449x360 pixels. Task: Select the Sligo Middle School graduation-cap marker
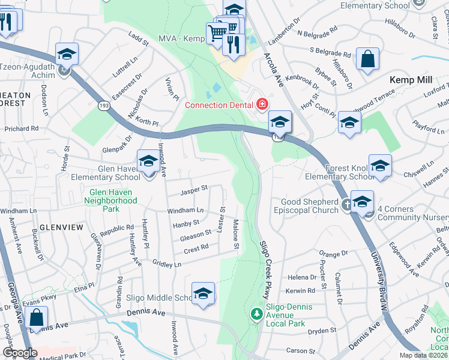click(x=203, y=293)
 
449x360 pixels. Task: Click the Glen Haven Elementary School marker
click(x=148, y=161)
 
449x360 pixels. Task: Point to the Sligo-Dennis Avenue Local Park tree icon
click(x=256, y=314)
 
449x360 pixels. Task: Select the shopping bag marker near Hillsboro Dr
click(x=368, y=59)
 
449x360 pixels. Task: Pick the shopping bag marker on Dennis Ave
click(x=37, y=318)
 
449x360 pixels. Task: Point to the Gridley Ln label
click(x=167, y=263)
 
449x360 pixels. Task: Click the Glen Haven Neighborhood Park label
click(x=112, y=200)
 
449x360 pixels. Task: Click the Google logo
click(x=20, y=353)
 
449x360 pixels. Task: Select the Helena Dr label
click(x=302, y=277)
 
